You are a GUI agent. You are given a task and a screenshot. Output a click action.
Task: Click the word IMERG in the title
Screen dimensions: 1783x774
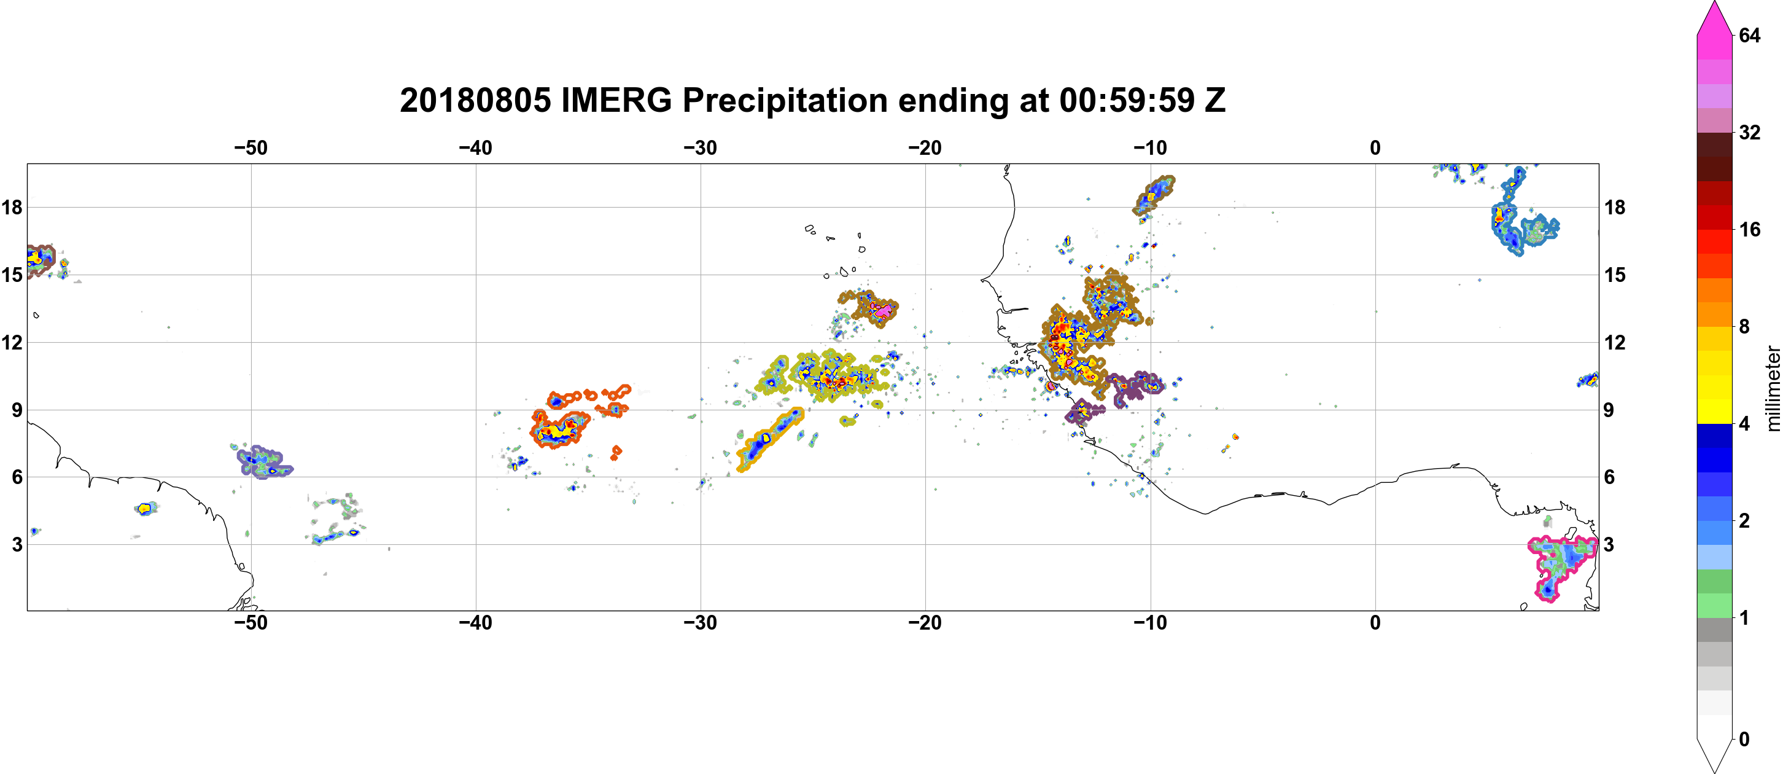(x=616, y=100)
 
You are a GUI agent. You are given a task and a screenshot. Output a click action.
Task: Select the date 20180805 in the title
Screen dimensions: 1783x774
(x=475, y=100)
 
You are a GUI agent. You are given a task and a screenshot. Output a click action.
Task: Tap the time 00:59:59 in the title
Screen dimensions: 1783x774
(x=1127, y=100)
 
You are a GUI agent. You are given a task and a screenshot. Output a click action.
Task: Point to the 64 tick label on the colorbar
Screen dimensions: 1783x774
(x=1749, y=35)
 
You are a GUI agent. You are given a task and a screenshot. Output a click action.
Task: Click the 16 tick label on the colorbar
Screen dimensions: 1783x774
(x=1749, y=230)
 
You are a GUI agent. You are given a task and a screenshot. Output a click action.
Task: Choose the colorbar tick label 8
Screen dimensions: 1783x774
(x=1744, y=327)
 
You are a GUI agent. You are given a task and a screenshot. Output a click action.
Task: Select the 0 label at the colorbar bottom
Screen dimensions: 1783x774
(x=1744, y=740)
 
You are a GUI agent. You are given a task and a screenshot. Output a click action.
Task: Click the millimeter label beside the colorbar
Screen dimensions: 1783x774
(x=1773, y=388)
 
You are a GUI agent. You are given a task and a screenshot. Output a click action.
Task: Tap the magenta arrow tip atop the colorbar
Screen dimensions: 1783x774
(x=1714, y=4)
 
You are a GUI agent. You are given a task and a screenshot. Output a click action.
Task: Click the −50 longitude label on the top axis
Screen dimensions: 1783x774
(x=251, y=148)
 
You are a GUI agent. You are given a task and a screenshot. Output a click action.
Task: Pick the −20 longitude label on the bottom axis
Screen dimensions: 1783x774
(x=925, y=623)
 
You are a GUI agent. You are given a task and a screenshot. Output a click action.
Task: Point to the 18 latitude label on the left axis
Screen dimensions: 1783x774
(x=12, y=207)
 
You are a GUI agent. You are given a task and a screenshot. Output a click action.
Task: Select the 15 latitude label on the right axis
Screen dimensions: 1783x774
(x=1615, y=275)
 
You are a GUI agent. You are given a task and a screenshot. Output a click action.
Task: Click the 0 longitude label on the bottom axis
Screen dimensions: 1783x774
(x=1375, y=623)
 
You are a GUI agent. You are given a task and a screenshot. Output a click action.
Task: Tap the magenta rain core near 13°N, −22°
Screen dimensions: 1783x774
(x=883, y=311)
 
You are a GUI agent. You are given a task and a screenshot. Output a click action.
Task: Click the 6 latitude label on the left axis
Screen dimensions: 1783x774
(x=17, y=477)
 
